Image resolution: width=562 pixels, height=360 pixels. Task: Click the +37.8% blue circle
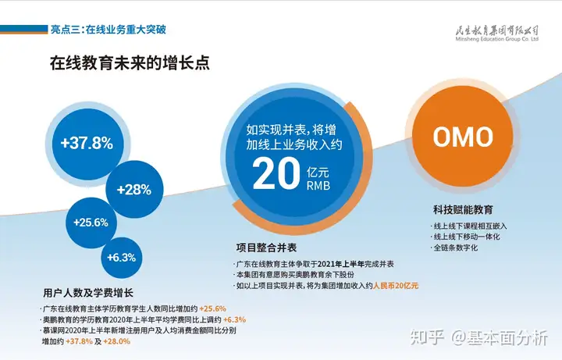click(x=87, y=144)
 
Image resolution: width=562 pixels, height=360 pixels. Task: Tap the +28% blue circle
click(x=134, y=189)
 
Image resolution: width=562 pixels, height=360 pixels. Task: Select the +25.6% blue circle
click(x=91, y=223)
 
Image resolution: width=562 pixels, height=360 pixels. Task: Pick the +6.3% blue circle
click(x=122, y=258)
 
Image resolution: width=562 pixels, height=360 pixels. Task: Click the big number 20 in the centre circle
click(x=276, y=174)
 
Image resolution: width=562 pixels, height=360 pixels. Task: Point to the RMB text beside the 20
click(x=318, y=185)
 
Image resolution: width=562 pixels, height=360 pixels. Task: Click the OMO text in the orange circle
click(x=463, y=136)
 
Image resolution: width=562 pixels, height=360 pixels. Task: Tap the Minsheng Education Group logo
click(x=496, y=34)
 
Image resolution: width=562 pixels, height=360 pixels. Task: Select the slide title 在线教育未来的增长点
click(x=130, y=63)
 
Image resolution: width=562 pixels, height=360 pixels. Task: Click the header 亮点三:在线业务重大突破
click(x=108, y=30)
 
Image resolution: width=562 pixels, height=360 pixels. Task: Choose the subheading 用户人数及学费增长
click(x=88, y=293)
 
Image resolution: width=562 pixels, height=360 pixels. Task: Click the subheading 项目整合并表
click(x=266, y=248)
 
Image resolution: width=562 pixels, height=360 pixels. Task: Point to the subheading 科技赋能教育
click(x=463, y=210)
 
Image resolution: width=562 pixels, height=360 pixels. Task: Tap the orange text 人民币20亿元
click(x=396, y=286)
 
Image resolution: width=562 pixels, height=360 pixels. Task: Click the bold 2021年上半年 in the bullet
click(x=341, y=264)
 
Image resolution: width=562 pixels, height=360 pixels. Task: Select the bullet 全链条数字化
click(x=456, y=248)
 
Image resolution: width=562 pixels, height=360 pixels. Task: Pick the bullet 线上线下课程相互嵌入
click(x=470, y=226)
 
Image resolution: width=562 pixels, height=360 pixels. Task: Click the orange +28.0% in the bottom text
click(x=117, y=341)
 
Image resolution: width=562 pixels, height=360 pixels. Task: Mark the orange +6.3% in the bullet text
click(x=234, y=319)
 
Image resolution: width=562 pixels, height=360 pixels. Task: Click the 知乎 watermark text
click(x=427, y=338)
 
